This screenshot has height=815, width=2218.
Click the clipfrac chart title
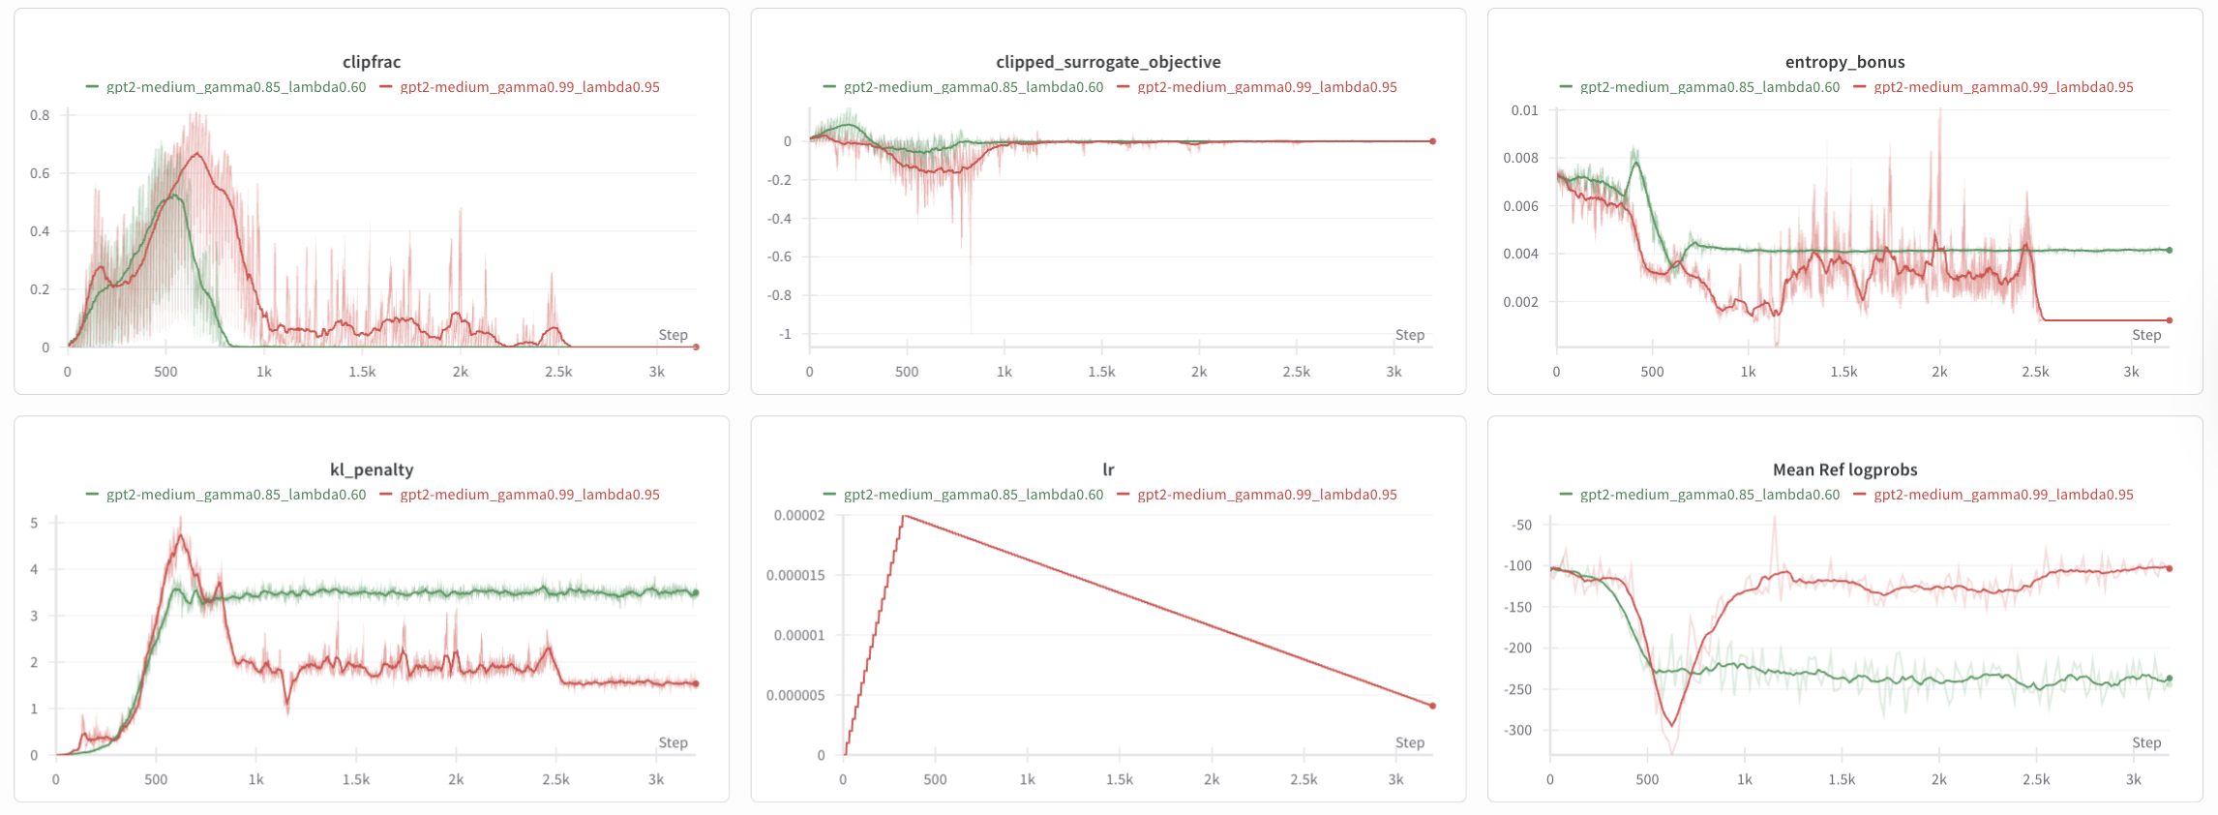click(372, 62)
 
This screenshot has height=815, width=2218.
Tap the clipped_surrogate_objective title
click(1108, 62)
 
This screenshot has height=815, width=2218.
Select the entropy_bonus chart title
click(1844, 62)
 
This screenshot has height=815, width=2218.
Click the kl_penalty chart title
click(372, 469)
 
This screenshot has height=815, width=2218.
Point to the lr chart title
click(1108, 469)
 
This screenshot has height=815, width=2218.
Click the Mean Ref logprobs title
click(1844, 469)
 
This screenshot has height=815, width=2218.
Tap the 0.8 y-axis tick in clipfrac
click(40, 115)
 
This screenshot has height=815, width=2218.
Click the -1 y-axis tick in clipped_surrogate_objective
click(785, 334)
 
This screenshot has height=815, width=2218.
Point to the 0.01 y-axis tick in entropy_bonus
click(1524, 110)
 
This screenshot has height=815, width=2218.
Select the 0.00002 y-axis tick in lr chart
click(799, 515)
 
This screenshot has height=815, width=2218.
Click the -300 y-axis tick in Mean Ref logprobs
click(1520, 730)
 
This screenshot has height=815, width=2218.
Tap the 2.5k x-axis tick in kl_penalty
click(555, 779)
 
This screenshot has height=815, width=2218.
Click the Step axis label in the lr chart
click(1409, 742)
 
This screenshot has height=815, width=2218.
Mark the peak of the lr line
click(904, 516)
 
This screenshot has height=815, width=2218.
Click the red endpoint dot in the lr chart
click(1433, 706)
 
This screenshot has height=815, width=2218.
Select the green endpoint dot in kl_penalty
click(696, 592)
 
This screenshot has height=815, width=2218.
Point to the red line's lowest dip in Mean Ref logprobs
click(1671, 725)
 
